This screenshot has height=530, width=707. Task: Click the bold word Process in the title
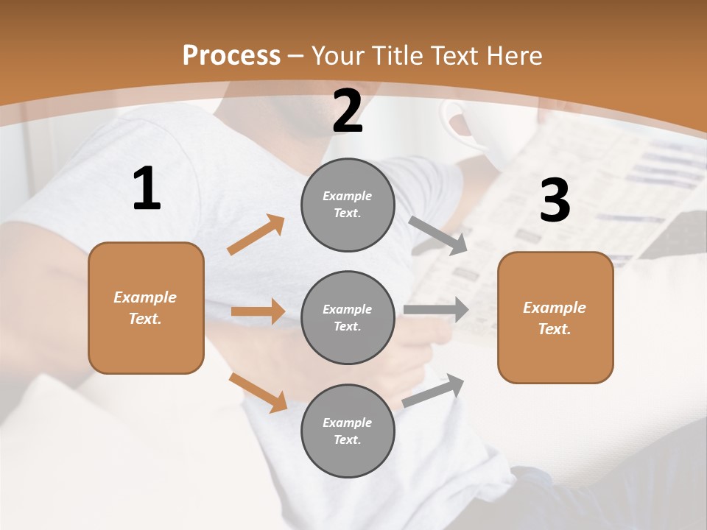[231, 56]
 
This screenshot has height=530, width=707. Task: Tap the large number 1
[147, 189]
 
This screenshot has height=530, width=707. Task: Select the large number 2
[348, 112]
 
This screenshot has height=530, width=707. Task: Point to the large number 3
[555, 201]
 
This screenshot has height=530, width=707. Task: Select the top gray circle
[348, 205]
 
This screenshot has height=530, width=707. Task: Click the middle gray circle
[348, 318]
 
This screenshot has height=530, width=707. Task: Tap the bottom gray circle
[348, 431]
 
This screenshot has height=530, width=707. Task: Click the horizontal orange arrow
[258, 311]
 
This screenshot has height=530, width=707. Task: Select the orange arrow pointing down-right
[258, 392]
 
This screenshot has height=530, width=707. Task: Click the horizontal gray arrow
[436, 310]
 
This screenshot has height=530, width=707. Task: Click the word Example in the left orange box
[145, 297]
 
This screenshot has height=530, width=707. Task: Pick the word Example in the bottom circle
[348, 423]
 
